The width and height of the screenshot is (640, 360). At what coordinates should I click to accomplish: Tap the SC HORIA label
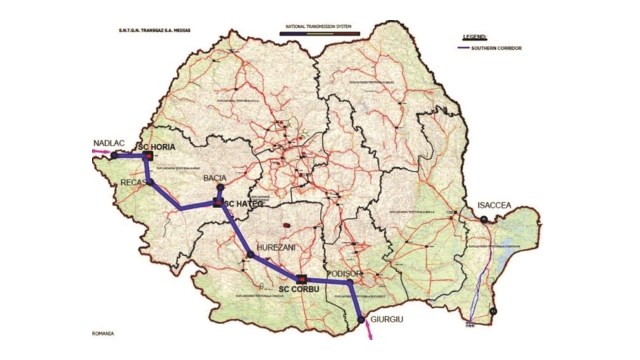coord(170,146)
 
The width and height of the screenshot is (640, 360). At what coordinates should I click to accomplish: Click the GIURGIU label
coord(389,322)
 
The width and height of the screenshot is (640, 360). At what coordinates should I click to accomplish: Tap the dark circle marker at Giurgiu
coord(361,320)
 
